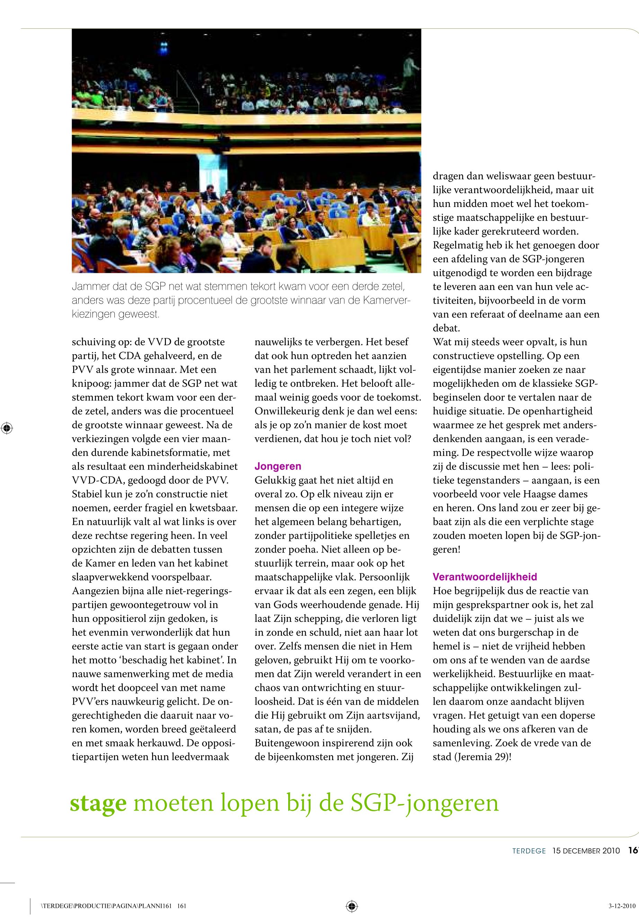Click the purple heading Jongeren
click(278, 466)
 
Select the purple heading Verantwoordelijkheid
click(485, 577)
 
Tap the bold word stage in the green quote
click(98, 803)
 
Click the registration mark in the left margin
click(7, 428)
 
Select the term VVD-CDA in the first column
click(98, 480)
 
